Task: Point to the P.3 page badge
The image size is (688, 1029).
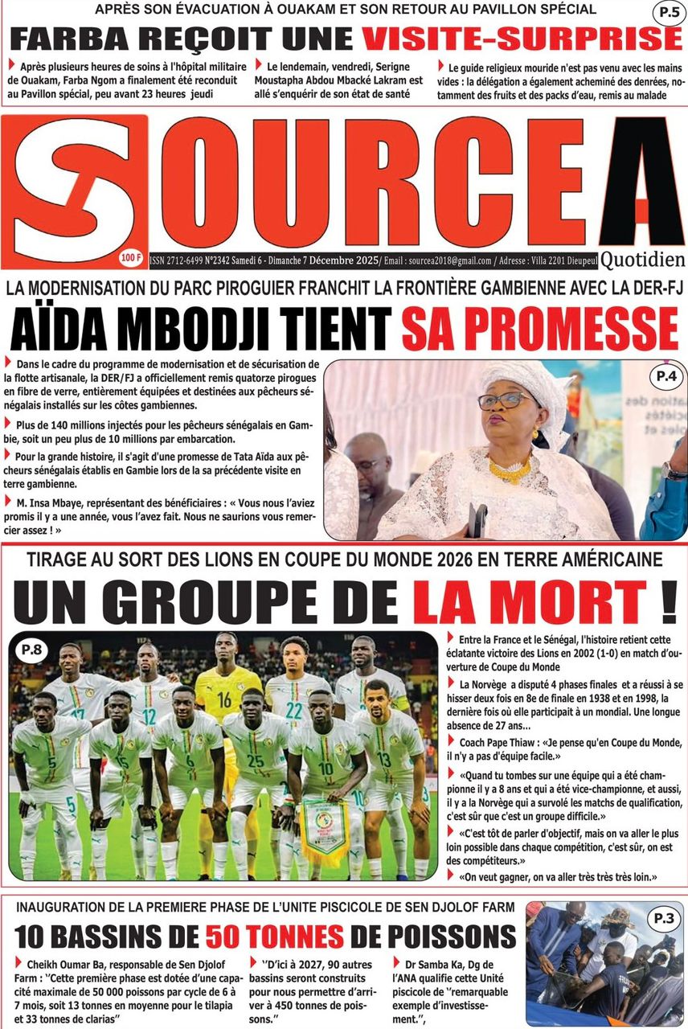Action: tap(664, 917)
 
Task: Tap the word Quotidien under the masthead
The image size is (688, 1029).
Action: tap(642, 260)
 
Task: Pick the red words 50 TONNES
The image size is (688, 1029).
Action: tap(274, 936)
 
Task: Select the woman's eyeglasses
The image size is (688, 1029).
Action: tap(505, 400)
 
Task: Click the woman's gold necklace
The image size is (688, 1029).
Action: tap(510, 469)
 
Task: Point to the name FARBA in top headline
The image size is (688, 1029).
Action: tap(73, 38)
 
